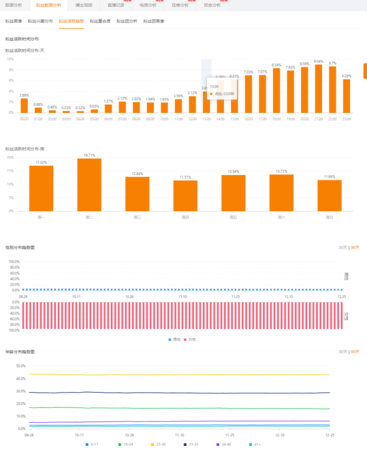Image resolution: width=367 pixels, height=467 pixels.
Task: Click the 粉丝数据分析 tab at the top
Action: click(x=47, y=5)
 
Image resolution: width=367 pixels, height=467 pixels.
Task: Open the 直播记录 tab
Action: click(x=116, y=5)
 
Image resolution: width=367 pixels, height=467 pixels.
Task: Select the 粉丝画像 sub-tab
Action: click(x=13, y=21)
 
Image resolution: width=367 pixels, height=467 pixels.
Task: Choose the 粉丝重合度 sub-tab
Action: click(x=100, y=21)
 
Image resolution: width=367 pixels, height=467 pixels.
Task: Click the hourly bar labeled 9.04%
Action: click(x=318, y=88)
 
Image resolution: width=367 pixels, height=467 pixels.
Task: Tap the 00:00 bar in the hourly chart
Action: click(x=24, y=106)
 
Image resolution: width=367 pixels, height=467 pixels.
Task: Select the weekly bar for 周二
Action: click(x=89, y=184)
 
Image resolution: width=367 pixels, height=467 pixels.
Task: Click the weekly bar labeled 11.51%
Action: click(x=185, y=196)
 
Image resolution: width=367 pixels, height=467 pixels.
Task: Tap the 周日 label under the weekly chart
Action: click(x=330, y=217)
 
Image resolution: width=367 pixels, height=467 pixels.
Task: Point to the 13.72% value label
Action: click(x=282, y=171)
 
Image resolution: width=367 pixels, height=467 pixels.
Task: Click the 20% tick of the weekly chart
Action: click(x=10, y=157)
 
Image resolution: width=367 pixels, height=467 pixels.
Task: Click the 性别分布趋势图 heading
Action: click(x=20, y=248)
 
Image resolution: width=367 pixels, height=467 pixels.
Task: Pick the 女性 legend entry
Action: click(x=190, y=339)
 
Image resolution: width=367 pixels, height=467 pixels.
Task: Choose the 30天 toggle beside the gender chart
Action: click(x=342, y=248)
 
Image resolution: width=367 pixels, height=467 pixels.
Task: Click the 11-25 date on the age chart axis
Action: click(x=230, y=435)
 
